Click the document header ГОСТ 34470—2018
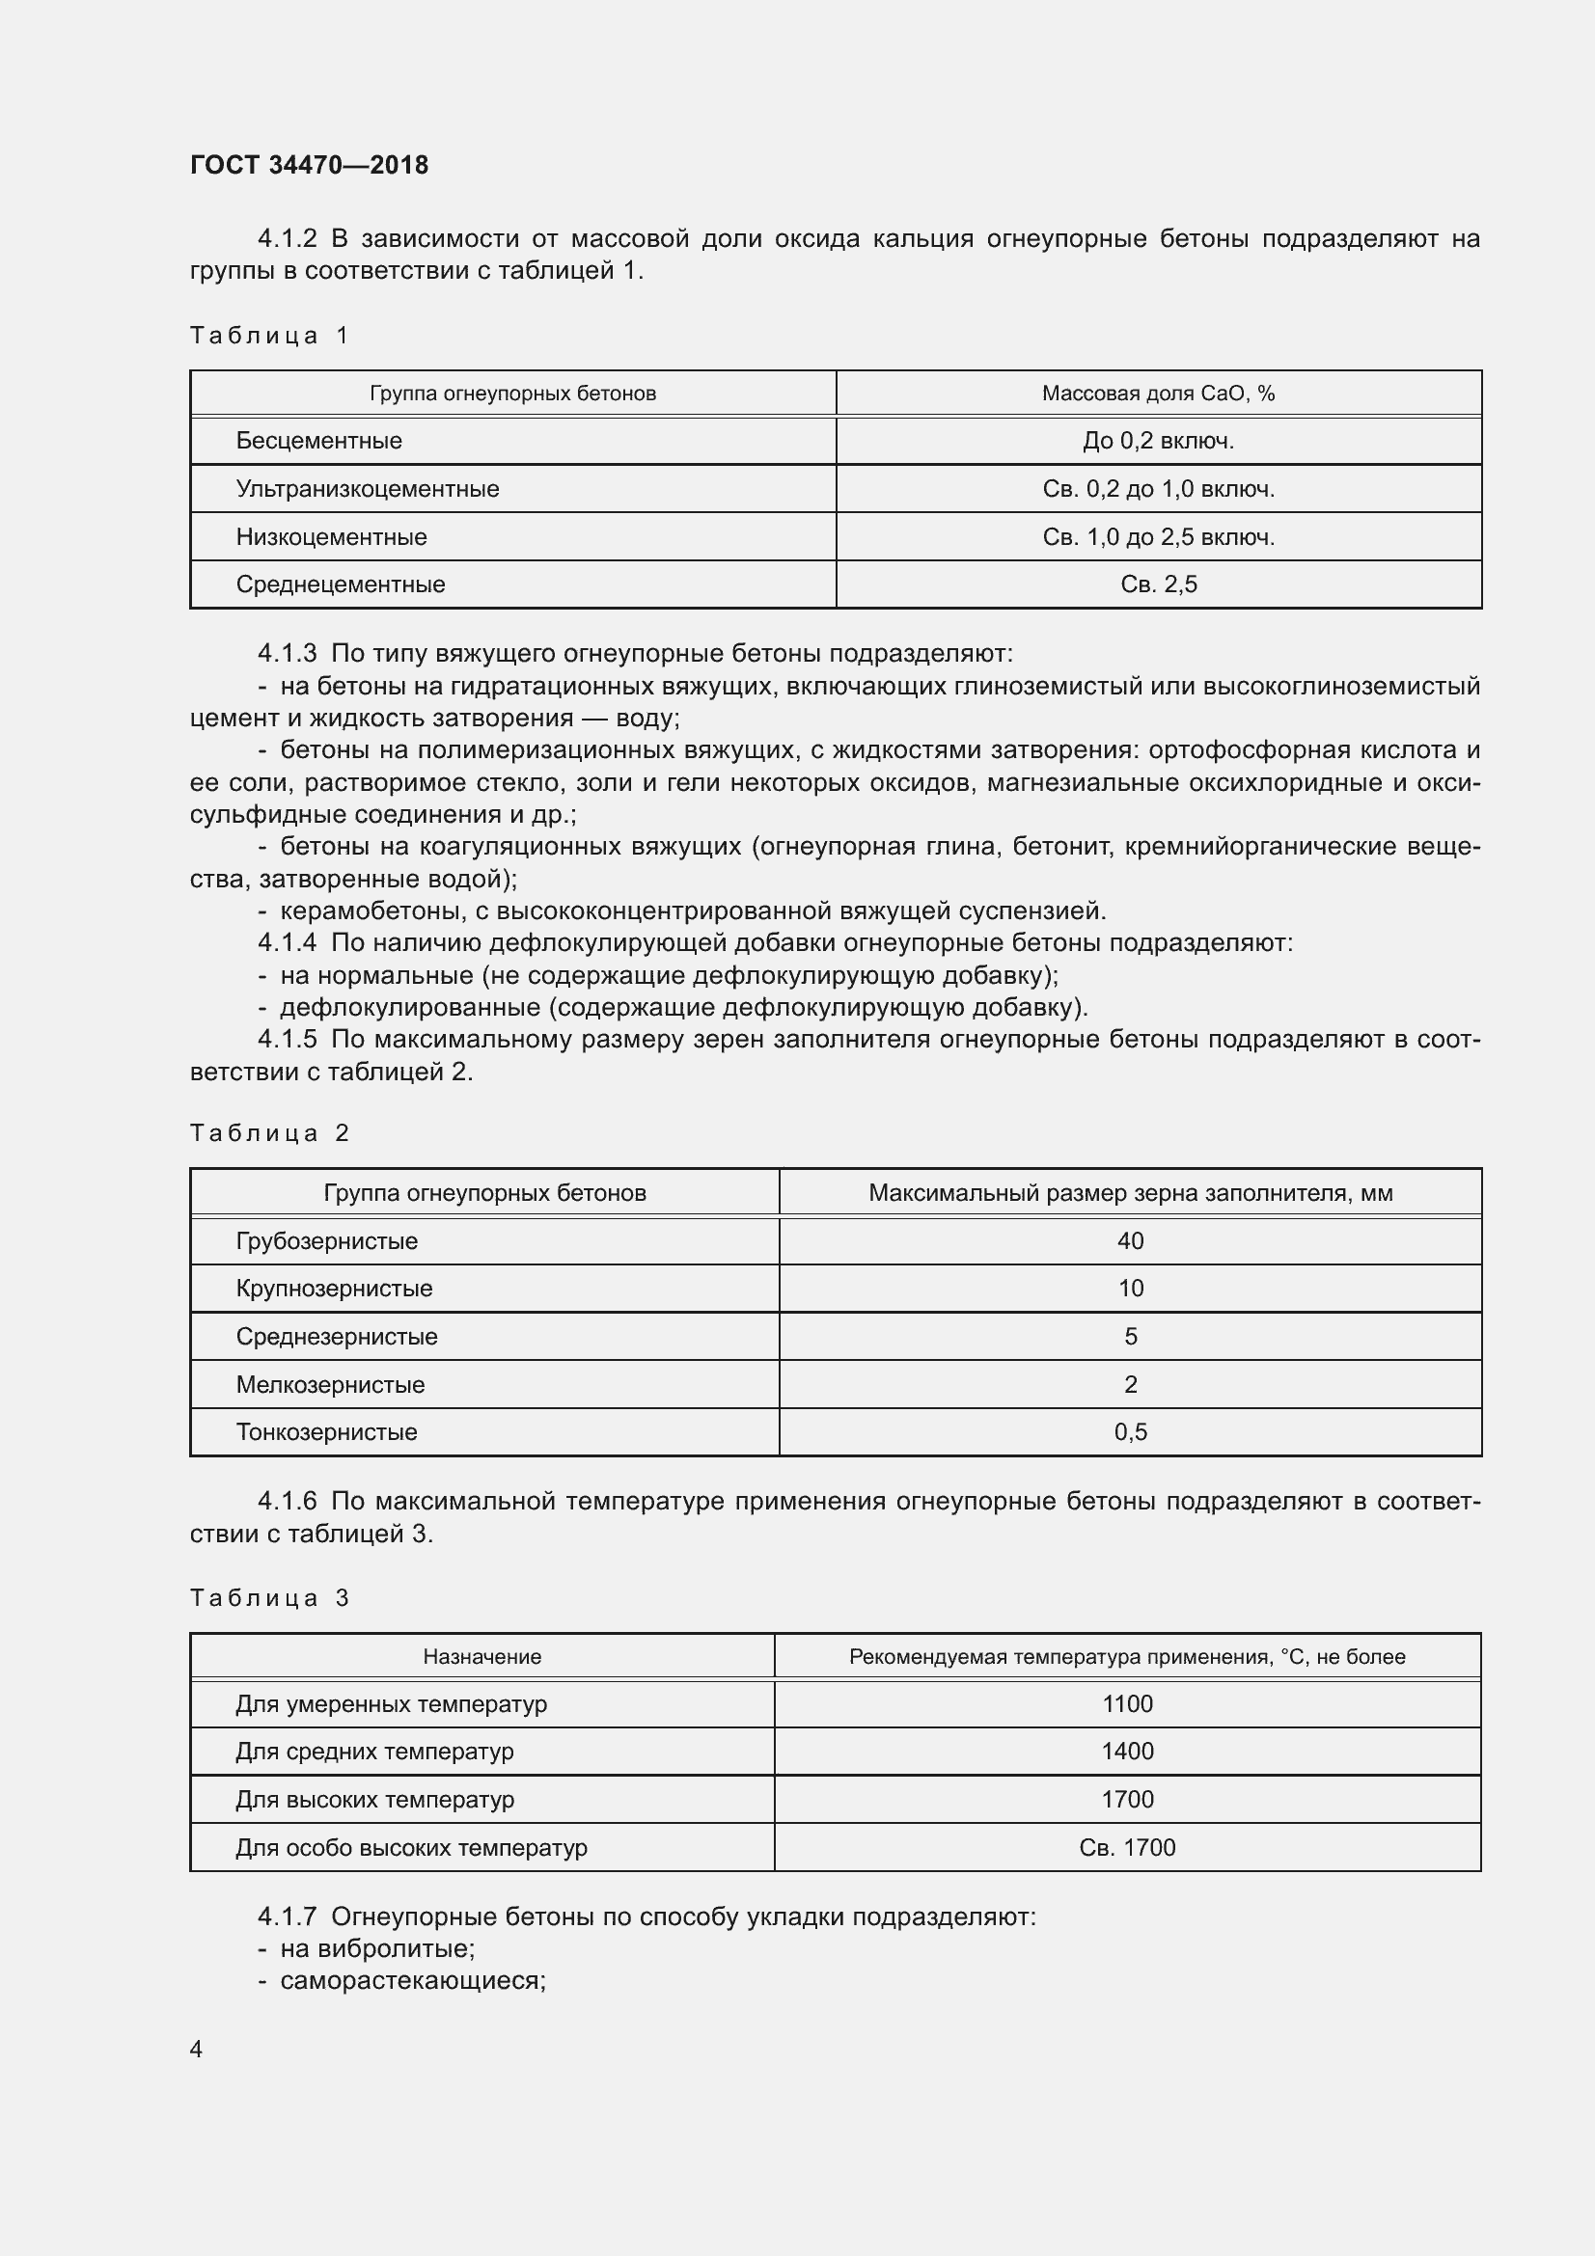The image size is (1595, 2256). pyautogui.click(x=309, y=165)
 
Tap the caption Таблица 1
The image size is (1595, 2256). pyautogui.click(x=269, y=336)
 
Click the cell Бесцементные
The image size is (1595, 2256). pyautogui.click(x=318, y=441)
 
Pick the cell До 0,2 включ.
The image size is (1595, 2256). pyautogui.click(x=1158, y=441)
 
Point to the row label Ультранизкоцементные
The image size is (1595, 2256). pyautogui.click(x=367, y=489)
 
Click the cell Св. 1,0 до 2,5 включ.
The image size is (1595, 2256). pyautogui.click(x=1158, y=537)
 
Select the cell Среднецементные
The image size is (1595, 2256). pyautogui.click(x=340, y=584)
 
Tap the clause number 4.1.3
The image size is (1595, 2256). pyautogui.click(x=287, y=653)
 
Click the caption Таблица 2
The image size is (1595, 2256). pyautogui.click(x=269, y=1134)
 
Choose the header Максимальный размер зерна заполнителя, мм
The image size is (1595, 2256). pyautogui.click(x=1130, y=1194)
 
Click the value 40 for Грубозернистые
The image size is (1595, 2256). pyautogui.click(x=1130, y=1241)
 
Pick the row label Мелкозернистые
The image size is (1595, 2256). pyautogui.click(x=330, y=1385)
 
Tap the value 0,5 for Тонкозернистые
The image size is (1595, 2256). pyautogui.click(x=1130, y=1432)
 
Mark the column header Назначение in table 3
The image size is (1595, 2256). pyautogui.click(x=481, y=1658)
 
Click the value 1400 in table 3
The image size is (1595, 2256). pyautogui.click(x=1127, y=1752)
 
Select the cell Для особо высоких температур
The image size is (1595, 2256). pyautogui.click(x=411, y=1848)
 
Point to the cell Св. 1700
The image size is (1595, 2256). pyautogui.click(x=1127, y=1848)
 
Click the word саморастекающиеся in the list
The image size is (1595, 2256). pyautogui.click(x=413, y=1981)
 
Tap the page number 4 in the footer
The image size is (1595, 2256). pyautogui.click(x=196, y=2050)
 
